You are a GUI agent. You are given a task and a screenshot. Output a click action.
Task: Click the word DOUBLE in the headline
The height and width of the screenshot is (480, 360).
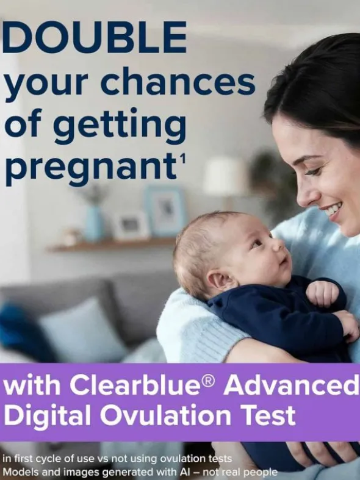pyautogui.click(x=95, y=37)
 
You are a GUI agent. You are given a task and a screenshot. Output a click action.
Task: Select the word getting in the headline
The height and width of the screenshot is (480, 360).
pyautogui.click(x=120, y=126)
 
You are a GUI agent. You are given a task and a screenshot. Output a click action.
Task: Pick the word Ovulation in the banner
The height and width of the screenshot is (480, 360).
pyautogui.click(x=166, y=415)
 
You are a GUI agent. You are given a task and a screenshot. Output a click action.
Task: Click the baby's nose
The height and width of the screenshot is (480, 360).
pyautogui.click(x=278, y=245)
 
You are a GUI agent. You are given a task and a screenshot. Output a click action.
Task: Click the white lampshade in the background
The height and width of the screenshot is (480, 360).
pyautogui.click(x=226, y=176)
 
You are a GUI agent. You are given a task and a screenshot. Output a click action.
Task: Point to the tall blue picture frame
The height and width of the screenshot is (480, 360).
pyautogui.click(x=165, y=211)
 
